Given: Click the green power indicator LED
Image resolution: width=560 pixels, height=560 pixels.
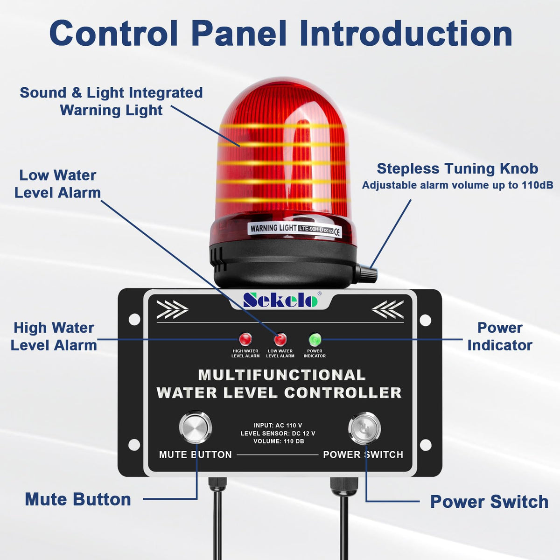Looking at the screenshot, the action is (315, 339).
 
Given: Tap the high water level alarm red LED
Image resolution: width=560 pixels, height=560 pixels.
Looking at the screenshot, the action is (245, 339).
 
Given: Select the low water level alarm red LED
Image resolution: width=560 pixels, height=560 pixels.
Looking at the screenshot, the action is (280, 339).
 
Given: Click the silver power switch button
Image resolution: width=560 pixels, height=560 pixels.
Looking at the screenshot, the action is (364, 428).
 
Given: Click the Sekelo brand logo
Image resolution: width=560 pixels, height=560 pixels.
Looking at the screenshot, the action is (280, 300).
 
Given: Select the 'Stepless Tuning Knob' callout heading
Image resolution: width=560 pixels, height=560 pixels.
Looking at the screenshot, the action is (457, 168).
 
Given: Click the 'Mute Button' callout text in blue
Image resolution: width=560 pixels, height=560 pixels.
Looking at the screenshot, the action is (78, 499).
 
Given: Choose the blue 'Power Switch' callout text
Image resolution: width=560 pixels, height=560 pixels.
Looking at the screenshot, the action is (489, 502).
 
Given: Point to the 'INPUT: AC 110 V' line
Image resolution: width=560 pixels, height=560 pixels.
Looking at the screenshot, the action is (278, 426).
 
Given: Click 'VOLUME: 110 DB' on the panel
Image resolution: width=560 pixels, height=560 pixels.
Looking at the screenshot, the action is (279, 441).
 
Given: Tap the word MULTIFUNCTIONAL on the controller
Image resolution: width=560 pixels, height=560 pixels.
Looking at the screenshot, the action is (281, 375).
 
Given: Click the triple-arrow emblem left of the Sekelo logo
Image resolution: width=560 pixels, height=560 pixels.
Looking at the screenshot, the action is (172, 309).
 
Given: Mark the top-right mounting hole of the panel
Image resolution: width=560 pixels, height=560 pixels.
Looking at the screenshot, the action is (426, 320).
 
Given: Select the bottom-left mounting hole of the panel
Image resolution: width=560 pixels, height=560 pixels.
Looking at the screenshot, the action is (134, 445).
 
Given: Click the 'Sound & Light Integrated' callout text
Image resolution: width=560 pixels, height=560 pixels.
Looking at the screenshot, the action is (112, 93).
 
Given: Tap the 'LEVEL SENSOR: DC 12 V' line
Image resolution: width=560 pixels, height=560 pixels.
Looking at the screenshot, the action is (278, 433).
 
